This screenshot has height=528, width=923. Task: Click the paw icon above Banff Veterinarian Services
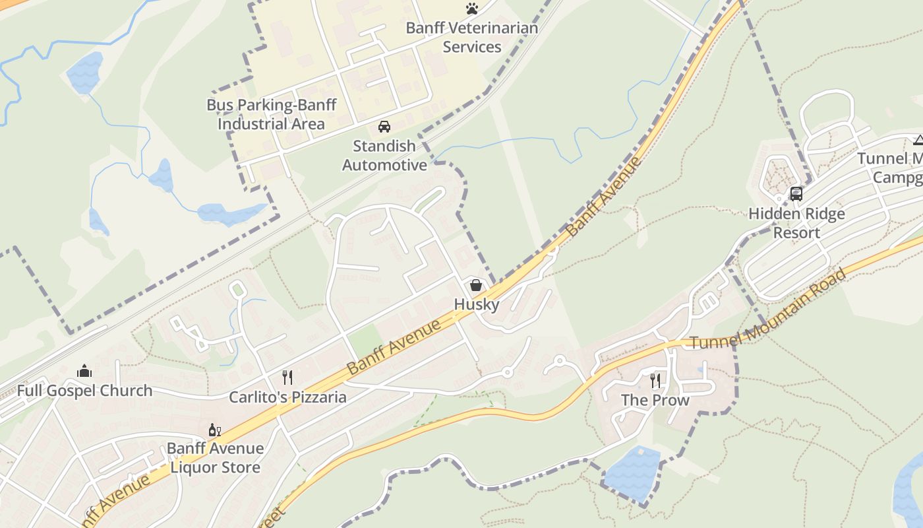471,9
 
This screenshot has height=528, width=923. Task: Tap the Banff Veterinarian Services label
471,38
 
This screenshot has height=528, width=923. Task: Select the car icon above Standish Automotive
384,126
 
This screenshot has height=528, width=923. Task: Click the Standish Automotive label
384,155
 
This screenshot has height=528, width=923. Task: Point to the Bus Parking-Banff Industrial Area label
272,114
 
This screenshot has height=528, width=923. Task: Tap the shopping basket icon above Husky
476,285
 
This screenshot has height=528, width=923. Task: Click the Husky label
476,304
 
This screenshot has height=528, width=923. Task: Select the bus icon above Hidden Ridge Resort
796,194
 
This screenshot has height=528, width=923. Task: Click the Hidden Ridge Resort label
796,223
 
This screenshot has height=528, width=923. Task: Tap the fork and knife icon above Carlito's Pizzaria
287,378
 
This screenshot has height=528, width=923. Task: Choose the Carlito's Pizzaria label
287,397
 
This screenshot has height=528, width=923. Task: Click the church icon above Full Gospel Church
84,371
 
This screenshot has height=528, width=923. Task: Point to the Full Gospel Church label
84,391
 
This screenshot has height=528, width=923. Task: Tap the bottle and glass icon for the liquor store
215,430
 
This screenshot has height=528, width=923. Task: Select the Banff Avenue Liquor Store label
215,458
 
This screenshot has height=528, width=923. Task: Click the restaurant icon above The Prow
655,380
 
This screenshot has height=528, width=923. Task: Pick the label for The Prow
655,400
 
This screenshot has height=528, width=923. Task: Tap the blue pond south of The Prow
632,473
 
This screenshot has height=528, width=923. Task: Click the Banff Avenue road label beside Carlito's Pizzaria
394,347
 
